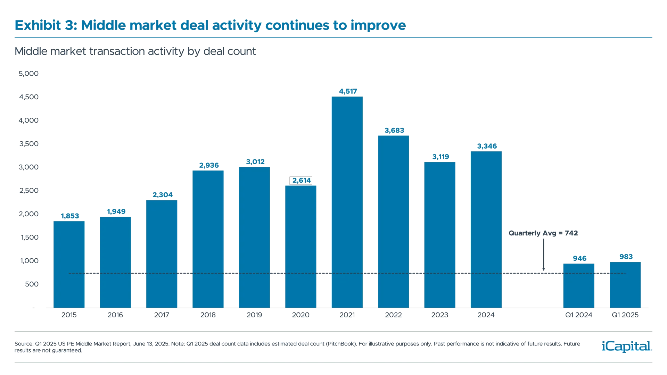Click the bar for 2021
(x=347, y=201)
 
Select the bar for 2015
(x=69, y=264)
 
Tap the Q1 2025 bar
(x=625, y=285)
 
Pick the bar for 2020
(x=300, y=247)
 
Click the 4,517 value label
(x=348, y=91)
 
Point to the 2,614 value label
(x=302, y=180)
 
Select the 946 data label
(x=579, y=258)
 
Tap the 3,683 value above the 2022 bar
(x=394, y=131)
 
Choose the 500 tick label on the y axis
(x=32, y=284)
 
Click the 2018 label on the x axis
(x=208, y=315)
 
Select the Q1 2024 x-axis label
(x=578, y=315)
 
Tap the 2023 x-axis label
(x=439, y=315)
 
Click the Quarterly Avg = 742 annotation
(x=543, y=233)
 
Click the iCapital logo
(x=626, y=346)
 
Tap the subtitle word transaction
(x=117, y=51)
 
